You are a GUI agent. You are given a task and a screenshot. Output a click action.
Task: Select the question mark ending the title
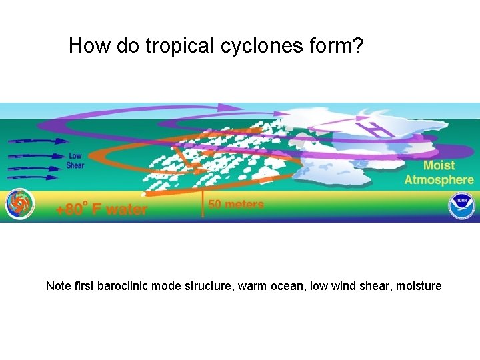pos(357,46)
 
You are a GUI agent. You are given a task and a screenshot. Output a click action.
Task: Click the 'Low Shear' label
pos(75,161)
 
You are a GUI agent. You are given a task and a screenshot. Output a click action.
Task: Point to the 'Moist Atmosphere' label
pos(439,172)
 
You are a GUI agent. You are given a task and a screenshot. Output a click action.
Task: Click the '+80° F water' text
pos(101,209)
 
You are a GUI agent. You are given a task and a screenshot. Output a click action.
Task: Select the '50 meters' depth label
pos(236,205)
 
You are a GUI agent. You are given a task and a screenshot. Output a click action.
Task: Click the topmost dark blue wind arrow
pos(39,141)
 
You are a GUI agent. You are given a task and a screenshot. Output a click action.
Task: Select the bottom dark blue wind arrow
pos(39,177)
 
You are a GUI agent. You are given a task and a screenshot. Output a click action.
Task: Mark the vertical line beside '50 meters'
pos(203,203)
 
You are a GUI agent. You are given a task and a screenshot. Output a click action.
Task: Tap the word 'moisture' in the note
pos(419,286)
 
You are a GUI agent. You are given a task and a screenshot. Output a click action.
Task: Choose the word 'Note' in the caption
pos(58,286)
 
